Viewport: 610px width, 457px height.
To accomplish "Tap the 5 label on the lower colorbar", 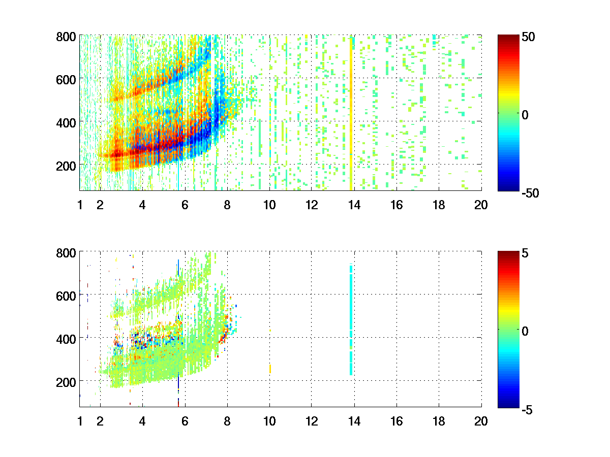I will coord(526,253).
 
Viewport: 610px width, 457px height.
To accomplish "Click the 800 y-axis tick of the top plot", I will coord(66,37).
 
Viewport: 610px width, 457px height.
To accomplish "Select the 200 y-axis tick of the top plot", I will coord(66,166).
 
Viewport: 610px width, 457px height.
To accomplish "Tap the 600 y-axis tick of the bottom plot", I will coord(66,296).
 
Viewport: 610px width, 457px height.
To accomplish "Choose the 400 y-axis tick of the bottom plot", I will coord(66,338).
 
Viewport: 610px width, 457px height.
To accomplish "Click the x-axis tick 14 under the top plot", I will coord(353,205).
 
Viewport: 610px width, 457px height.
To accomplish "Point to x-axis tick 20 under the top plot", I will coord(480,205).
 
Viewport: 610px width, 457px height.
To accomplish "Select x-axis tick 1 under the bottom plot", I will coord(80,421).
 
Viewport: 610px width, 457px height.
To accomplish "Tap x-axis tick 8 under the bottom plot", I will coord(227,421).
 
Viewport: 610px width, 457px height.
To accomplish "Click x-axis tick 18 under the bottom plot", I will coord(438,421).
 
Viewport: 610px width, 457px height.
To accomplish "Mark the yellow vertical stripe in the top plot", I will coord(351,112).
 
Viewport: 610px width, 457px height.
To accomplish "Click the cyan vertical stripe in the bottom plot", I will coord(351,320).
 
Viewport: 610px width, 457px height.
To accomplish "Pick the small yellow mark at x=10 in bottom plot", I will coord(270,368).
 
